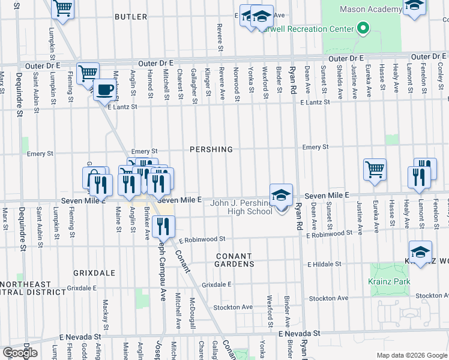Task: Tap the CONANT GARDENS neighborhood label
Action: pyautogui.click(x=235, y=260)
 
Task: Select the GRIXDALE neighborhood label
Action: pyautogui.click(x=94, y=273)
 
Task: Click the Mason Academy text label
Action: pyautogui.click(x=370, y=10)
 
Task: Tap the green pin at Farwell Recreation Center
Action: pyautogui.click(x=362, y=28)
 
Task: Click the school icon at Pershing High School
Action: pyautogui.click(x=280, y=195)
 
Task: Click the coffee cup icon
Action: pyautogui.click(x=105, y=90)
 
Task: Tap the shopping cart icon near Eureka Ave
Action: pyautogui.click(x=375, y=169)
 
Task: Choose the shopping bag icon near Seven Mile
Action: pyautogui.click(x=94, y=177)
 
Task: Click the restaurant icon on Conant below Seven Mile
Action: pyautogui.click(x=163, y=226)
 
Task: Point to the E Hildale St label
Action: pyautogui.click(x=324, y=264)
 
